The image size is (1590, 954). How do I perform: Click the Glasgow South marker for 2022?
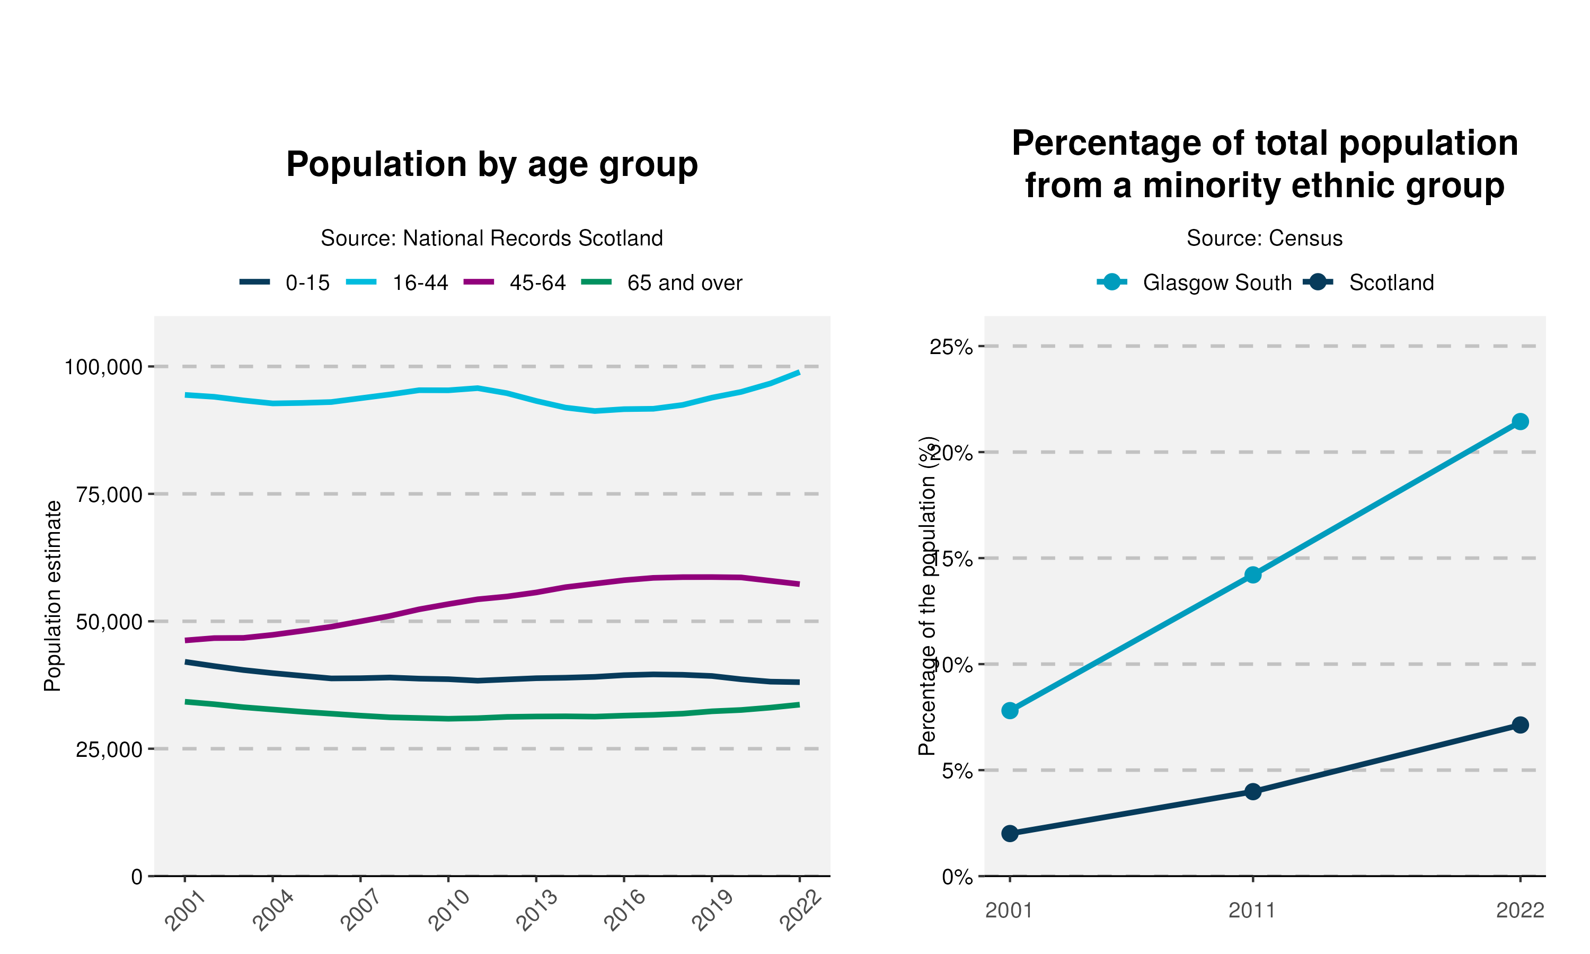pos(1520,422)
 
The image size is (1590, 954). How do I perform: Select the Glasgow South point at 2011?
pos(1252,575)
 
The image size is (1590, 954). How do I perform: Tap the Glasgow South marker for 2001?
pos(1010,710)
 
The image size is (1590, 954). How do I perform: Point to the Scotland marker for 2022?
pos(1520,725)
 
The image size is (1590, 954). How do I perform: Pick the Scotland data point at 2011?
pos(1252,791)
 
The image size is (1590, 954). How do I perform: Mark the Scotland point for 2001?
pos(1010,834)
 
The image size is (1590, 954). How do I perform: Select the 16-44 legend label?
pos(420,283)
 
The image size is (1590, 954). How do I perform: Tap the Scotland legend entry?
pos(1391,283)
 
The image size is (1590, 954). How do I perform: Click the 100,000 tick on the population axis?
pos(103,367)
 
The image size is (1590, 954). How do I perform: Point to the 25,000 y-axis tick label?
pos(109,749)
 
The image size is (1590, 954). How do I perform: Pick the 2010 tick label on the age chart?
pos(448,912)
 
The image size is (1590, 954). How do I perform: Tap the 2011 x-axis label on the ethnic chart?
pos(1252,911)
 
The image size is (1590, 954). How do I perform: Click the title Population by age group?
pos(492,165)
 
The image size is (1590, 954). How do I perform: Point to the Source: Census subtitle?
pos(1264,238)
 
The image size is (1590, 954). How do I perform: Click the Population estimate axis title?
pos(52,596)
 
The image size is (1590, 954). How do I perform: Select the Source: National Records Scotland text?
pos(492,238)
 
